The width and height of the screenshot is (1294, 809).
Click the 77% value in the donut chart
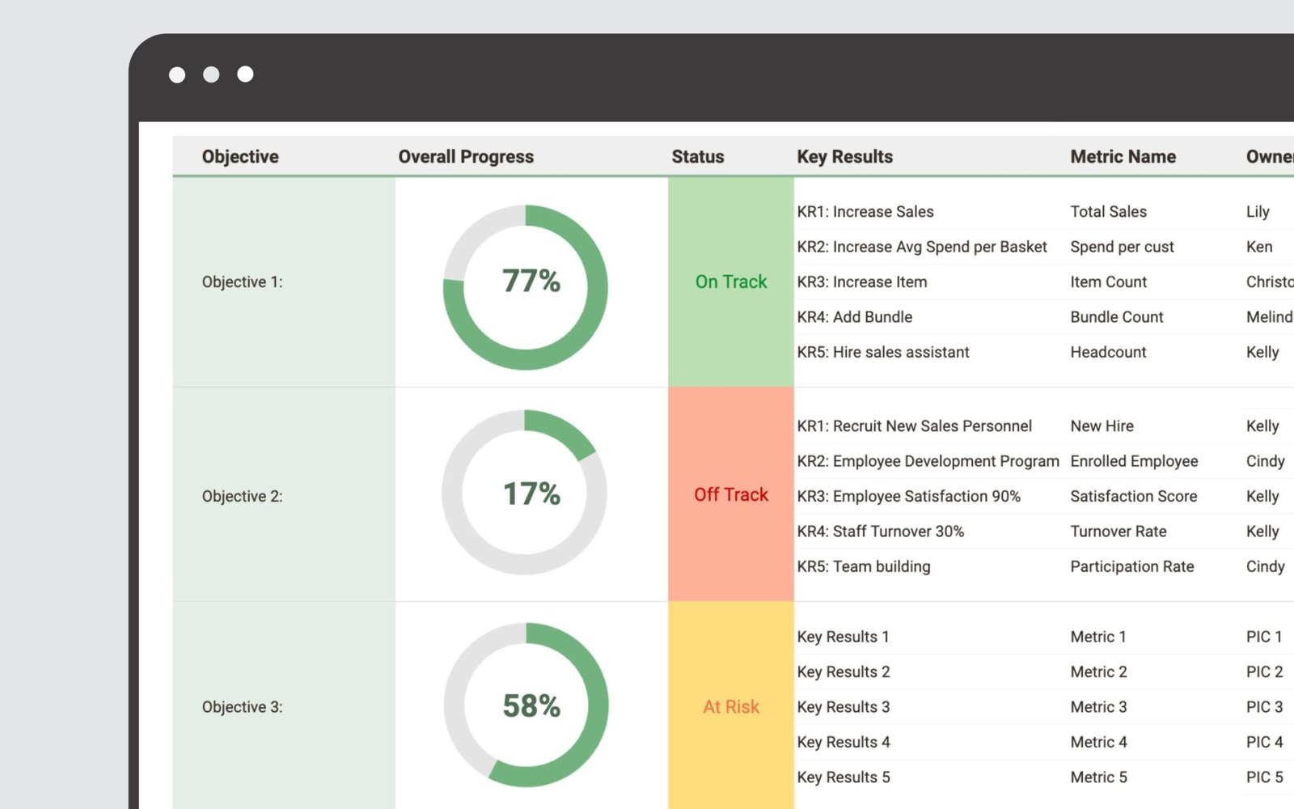coord(531,282)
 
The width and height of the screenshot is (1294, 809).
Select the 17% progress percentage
coord(531,493)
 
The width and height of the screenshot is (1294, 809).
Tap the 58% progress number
coord(531,706)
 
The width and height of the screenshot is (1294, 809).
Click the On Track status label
coord(731,282)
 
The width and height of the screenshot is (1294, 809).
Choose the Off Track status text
coord(731,494)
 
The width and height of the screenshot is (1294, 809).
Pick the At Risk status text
coord(731,707)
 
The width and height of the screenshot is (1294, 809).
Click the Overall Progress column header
coord(466,157)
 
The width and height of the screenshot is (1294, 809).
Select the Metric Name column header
coord(1123,157)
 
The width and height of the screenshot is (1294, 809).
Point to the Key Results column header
coord(844,157)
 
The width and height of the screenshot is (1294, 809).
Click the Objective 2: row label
coord(242,496)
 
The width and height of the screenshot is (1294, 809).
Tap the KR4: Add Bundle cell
coord(854,317)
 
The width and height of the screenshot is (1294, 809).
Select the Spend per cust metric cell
coord(1122,247)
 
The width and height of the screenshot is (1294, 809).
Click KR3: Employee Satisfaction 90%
coord(908,496)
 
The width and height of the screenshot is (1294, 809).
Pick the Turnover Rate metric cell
coord(1118,532)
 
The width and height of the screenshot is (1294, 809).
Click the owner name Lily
coord(1258,212)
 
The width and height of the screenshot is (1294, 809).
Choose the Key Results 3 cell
coord(843,707)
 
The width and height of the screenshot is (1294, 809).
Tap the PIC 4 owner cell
coord(1264,742)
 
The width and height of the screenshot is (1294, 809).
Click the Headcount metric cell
coord(1108,352)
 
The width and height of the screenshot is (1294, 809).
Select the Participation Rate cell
coord(1131,566)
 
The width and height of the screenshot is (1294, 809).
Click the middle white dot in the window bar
coord(211,74)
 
